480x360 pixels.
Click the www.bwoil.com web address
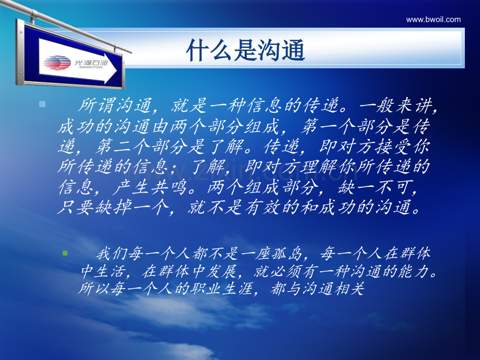click(x=433, y=20)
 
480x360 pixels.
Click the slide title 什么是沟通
click(x=246, y=50)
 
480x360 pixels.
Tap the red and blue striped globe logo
click(x=57, y=63)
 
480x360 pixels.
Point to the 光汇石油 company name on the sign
click(x=91, y=63)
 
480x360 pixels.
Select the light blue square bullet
click(x=42, y=104)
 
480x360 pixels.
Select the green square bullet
click(x=65, y=253)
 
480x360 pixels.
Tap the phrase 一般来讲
click(x=396, y=105)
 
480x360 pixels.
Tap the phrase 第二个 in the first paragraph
click(x=123, y=146)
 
